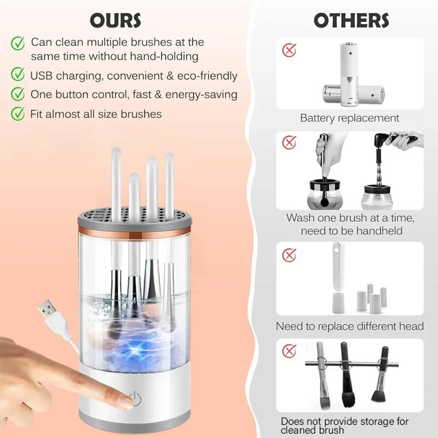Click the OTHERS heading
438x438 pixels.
click(x=351, y=20)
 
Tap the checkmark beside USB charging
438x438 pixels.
click(x=19, y=76)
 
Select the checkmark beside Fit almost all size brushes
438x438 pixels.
click(x=19, y=114)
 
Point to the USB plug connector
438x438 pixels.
click(x=50, y=314)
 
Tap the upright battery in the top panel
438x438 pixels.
click(x=348, y=74)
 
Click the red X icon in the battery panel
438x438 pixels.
click(x=289, y=51)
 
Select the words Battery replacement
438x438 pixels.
click(x=350, y=118)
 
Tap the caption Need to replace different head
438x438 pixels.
click(x=350, y=326)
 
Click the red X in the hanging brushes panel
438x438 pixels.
click(x=289, y=349)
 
